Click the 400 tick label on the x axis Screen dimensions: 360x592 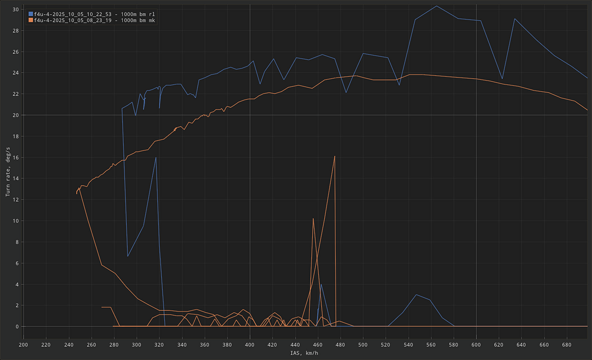pyautogui.click(x=249, y=344)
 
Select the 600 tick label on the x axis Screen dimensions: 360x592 pyautogui.click(x=476, y=344)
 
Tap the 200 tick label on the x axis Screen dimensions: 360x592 pyautogui.click(x=23, y=344)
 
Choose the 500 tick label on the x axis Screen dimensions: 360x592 pyautogui.click(x=363, y=344)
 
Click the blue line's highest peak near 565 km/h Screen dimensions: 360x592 pyautogui.click(x=437, y=6)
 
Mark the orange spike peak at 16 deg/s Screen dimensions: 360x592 pyautogui.click(x=335, y=156)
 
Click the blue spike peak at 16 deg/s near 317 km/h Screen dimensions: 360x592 pyautogui.click(x=156, y=157)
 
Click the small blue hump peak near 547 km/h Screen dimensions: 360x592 pyautogui.click(x=417, y=294)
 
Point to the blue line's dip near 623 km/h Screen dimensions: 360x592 pyautogui.click(x=503, y=79)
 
